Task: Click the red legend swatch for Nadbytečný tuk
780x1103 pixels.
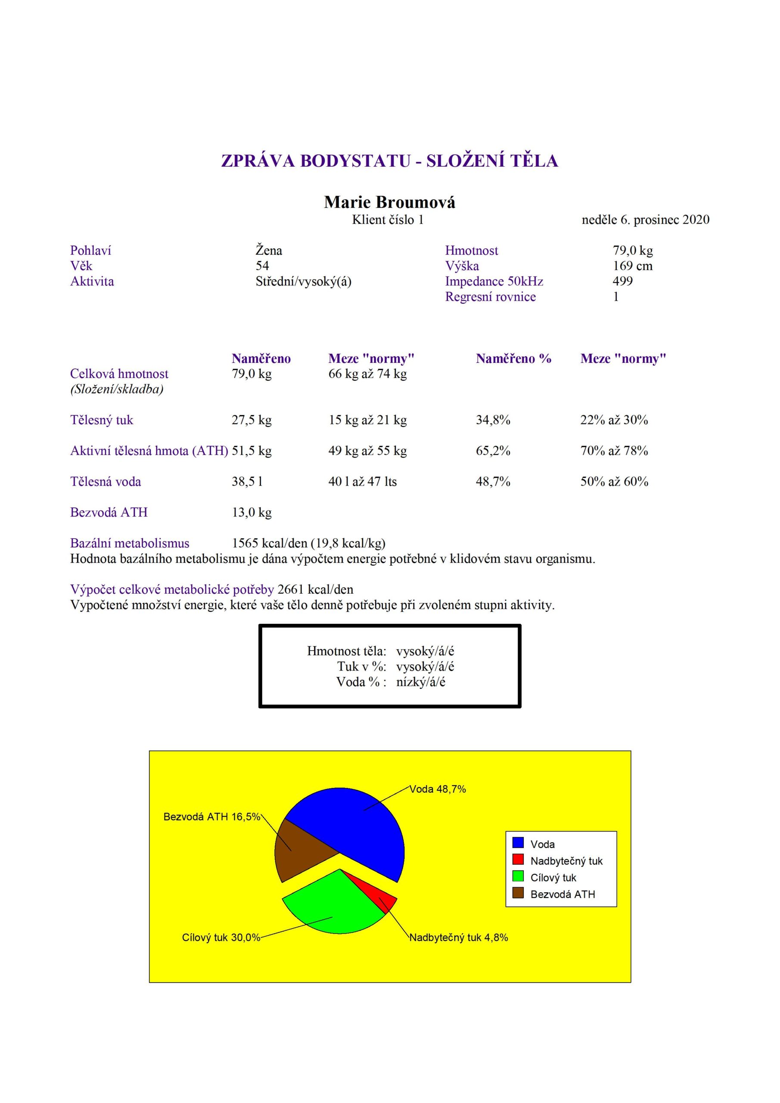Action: [518, 860]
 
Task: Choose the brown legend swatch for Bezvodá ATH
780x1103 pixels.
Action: [518, 893]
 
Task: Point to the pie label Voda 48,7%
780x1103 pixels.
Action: [437, 789]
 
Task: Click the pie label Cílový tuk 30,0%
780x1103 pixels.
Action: [221, 937]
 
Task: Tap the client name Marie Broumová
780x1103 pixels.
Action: [389, 202]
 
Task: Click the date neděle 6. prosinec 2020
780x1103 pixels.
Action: [645, 220]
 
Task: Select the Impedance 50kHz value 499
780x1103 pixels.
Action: [622, 281]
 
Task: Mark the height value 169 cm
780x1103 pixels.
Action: [633, 266]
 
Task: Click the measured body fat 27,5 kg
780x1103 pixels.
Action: [251, 420]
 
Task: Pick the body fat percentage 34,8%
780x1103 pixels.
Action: [493, 420]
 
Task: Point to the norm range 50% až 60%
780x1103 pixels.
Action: [614, 481]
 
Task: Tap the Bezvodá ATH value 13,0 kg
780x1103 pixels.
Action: [251, 512]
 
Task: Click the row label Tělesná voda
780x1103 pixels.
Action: [106, 481]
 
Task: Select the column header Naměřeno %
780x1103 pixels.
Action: [513, 358]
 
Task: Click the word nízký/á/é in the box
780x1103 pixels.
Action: [421, 682]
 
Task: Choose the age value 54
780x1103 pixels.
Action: [262, 266]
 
